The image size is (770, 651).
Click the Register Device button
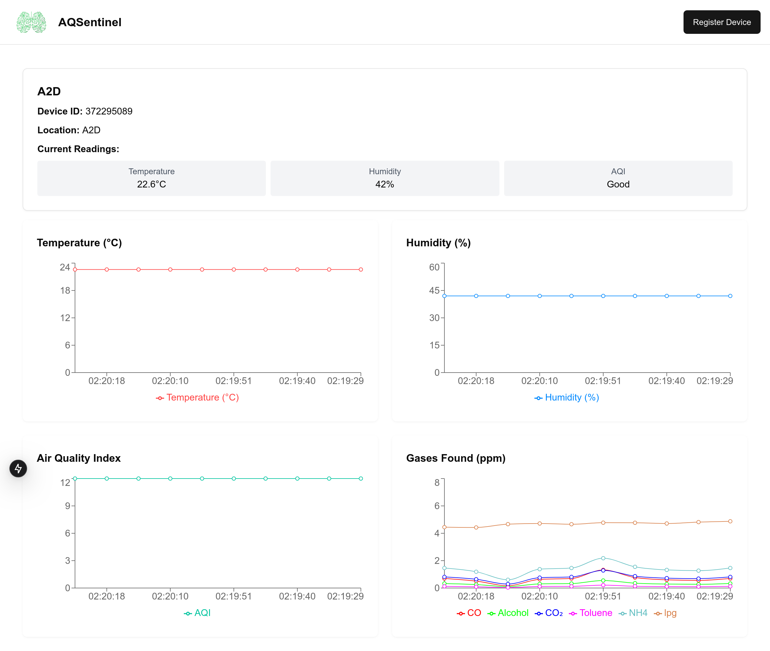click(x=721, y=22)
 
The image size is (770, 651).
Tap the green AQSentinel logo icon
click(x=31, y=22)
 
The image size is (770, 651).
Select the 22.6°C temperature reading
click(x=151, y=184)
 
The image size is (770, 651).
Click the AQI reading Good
click(x=618, y=184)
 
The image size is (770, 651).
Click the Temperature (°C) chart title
click(x=79, y=243)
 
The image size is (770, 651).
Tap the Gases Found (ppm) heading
click(x=455, y=458)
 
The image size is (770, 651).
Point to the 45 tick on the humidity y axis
click(x=434, y=290)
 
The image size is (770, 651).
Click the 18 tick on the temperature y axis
click(x=65, y=290)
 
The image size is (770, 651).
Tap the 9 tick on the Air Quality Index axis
click(x=67, y=506)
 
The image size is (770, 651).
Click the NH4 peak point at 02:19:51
click(x=603, y=558)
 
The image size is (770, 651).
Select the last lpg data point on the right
click(x=730, y=521)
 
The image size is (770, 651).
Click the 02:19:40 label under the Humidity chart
click(x=666, y=381)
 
